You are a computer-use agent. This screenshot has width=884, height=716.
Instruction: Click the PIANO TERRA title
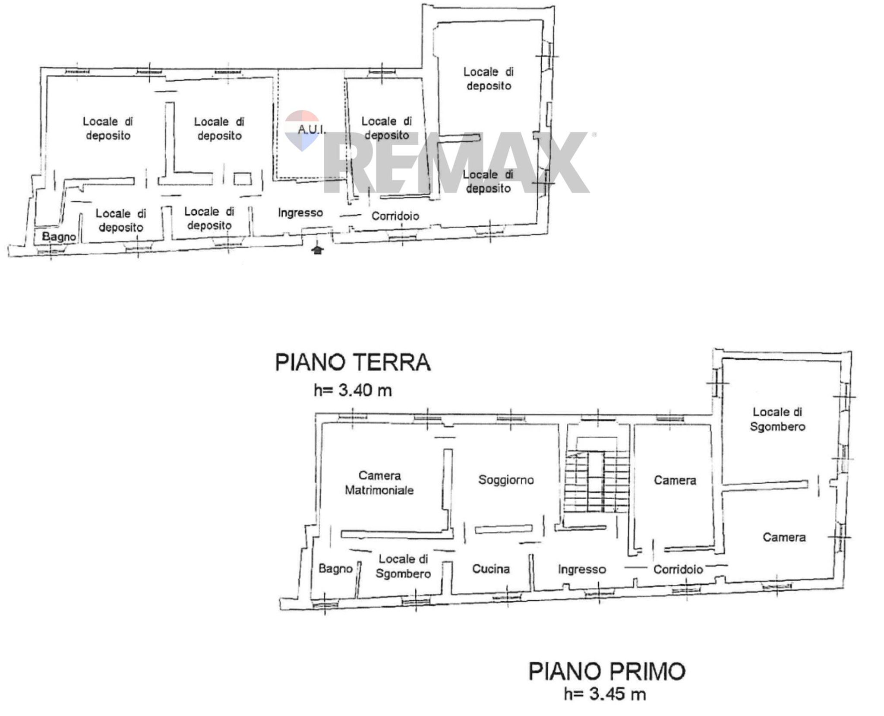tap(353, 362)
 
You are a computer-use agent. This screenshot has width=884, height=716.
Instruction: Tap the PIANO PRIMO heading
tap(607, 672)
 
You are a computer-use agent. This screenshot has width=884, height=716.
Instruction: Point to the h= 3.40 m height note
tap(353, 391)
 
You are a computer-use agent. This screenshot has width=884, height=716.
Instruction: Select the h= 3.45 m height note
tap(605, 695)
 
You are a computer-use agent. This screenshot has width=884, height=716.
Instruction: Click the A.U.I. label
tap(311, 129)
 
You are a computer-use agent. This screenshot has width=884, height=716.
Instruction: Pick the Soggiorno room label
tap(506, 480)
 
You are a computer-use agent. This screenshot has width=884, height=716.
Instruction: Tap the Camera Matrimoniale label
tap(379, 483)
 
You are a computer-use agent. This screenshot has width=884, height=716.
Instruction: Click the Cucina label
tap(491, 569)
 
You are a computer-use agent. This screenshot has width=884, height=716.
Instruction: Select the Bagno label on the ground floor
tap(59, 237)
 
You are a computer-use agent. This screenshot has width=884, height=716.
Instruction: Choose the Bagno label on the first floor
tap(335, 569)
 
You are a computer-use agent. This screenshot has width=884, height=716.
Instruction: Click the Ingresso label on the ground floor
tap(300, 213)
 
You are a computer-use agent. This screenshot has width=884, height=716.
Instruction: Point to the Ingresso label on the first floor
tap(582, 570)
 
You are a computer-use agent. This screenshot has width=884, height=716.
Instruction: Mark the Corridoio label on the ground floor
tap(395, 216)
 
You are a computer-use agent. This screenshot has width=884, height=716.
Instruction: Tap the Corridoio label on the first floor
tap(678, 570)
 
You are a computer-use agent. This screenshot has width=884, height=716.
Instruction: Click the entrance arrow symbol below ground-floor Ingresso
tap(317, 250)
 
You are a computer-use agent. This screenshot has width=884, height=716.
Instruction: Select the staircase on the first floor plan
tap(596, 481)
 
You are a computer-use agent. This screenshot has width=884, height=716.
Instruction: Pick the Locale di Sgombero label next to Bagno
tap(403, 566)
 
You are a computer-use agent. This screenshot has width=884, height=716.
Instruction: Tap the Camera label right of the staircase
tap(675, 481)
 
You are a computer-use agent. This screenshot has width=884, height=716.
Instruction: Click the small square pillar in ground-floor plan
tap(243, 179)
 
